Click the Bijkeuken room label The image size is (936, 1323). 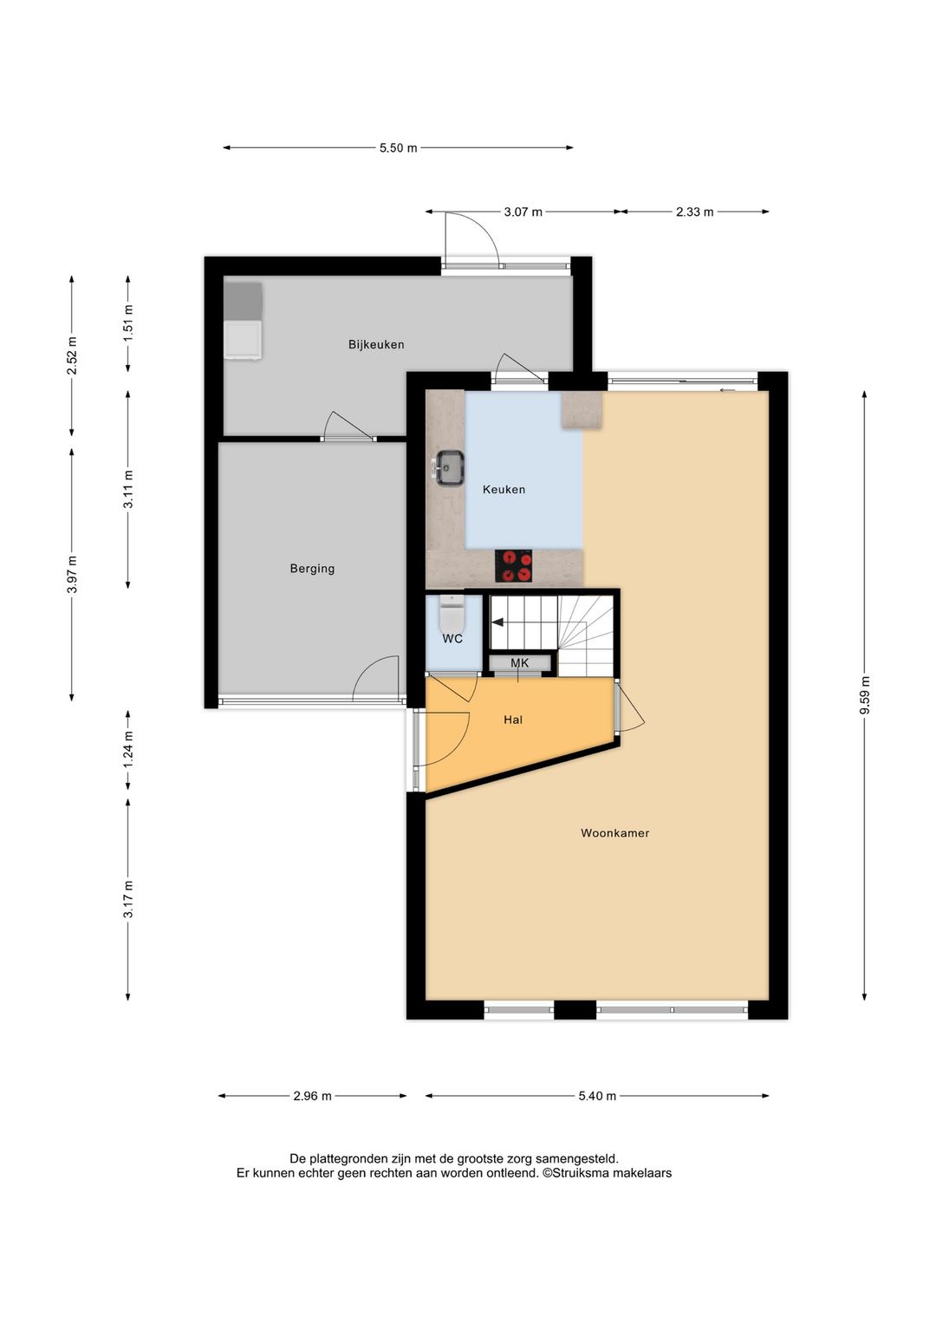[x=376, y=344]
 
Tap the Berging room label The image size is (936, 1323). [x=312, y=569]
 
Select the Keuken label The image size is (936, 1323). [x=504, y=490]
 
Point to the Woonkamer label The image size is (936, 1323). [x=614, y=833]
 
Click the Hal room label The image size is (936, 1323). [x=513, y=720]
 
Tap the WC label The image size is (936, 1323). [x=452, y=639]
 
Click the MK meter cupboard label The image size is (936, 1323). [x=520, y=663]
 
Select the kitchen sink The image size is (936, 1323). [x=450, y=468]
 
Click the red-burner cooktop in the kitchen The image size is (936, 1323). [x=513, y=566]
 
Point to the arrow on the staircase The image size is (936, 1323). [x=497, y=622]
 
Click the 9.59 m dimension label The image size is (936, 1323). [x=865, y=696]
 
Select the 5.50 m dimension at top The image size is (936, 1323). [x=398, y=148]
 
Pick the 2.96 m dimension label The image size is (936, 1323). [x=312, y=1096]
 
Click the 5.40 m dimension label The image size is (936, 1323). [x=597, y=1096]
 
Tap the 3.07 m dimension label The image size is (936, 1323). [x=523, y=212]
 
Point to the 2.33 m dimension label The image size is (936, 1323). [x=694, y=212]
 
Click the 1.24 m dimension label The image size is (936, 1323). [x=128, y=751]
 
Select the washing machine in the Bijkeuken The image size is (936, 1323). [x=243, y=340]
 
